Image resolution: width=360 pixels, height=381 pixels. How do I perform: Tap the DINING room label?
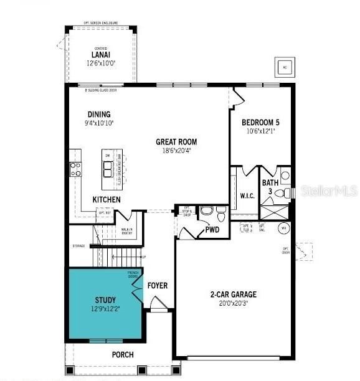[99, 114]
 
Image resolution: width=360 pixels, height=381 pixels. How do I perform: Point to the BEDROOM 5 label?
[261, 122]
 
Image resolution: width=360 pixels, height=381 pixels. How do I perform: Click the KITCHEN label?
[107, 199]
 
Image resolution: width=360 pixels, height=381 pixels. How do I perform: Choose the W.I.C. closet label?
[248, 195]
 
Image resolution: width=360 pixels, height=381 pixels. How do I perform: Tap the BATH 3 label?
[270, 187]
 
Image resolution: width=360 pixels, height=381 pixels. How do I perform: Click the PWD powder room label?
[212, 230]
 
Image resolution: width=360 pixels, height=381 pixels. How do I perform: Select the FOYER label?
[157, 286]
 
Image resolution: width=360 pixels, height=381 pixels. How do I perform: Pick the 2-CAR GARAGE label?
[234, 294]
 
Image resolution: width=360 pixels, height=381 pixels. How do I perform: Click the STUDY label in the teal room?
[105, 300]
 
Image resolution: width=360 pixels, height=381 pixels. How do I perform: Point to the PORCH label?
[123, 355]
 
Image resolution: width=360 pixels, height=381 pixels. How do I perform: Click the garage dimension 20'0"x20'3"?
[234, 303]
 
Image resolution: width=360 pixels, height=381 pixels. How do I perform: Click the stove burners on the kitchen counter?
[75, 169]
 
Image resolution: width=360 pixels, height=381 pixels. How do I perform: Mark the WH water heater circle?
[283, 227]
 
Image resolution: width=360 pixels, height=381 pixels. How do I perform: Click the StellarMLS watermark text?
[329, 190]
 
